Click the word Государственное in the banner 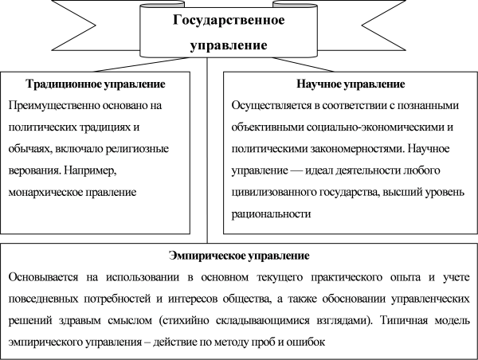point(229,20)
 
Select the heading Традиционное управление point(96,84)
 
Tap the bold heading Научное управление point(351,84)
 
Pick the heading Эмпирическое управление point(239,256)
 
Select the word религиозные point(137,149)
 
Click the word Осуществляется point(272,106)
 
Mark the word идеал point(319,170)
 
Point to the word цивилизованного point(273,193)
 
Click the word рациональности point(271,214)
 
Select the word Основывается point(43,277)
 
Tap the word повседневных point(43,299)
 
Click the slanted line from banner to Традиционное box point(141,65)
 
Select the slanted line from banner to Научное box point(303,65)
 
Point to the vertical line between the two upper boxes point(207,150)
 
